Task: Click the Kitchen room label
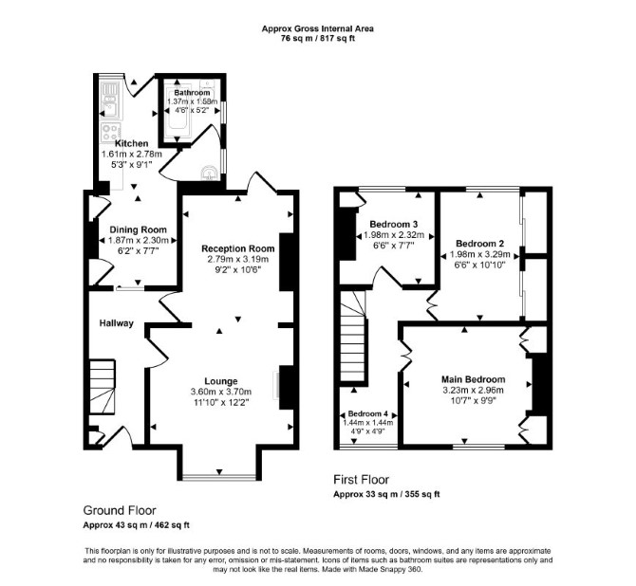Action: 131,143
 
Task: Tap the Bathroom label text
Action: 192,93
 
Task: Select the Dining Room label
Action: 138,229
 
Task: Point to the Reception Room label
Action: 238,248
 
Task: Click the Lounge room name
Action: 220,381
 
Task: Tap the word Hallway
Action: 117,323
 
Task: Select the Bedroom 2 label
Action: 479,244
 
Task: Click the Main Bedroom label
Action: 474,379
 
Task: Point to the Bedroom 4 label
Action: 368,414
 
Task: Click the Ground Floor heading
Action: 120,510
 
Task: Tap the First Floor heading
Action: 361,480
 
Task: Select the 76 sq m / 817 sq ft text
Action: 318,39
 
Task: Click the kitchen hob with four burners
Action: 111,132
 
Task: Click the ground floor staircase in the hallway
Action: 102,387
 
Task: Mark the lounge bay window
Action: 219,477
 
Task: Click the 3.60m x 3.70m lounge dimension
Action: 220,392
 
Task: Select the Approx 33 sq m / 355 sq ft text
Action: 386,494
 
